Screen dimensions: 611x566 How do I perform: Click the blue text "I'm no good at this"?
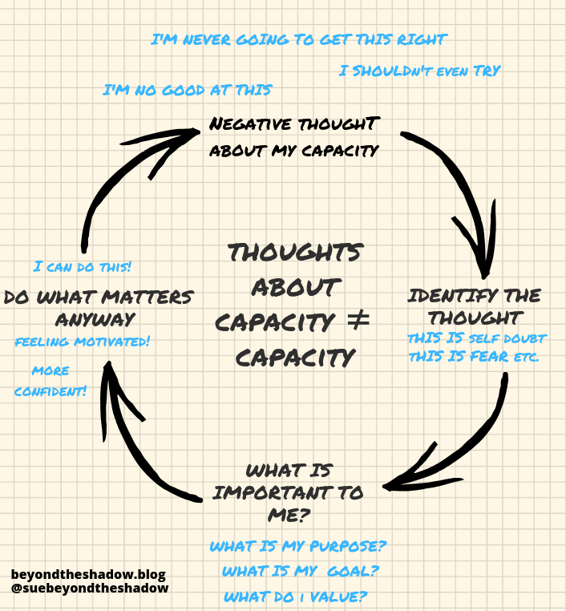(x=187, y=90)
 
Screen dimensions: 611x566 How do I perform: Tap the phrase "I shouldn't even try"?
(x=419, y=71)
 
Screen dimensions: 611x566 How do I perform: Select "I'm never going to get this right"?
(x=299, y=39)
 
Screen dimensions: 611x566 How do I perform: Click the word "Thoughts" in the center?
(x=294, y=252)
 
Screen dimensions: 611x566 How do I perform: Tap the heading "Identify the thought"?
(x=474, y=305)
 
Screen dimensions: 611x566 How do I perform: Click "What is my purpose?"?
(x=298, y=547)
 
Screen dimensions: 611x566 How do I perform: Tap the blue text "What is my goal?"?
(x=300, y=572)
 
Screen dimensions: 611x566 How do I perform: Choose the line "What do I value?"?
(x=296, y=597)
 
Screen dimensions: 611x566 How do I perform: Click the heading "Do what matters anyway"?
(x=99, y=308)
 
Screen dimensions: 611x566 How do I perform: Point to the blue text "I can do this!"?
(x=83, y=266)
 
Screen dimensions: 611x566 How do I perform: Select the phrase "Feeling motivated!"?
(x=83, y=342)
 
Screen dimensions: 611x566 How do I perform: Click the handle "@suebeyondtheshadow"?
(x=90, y=589)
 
